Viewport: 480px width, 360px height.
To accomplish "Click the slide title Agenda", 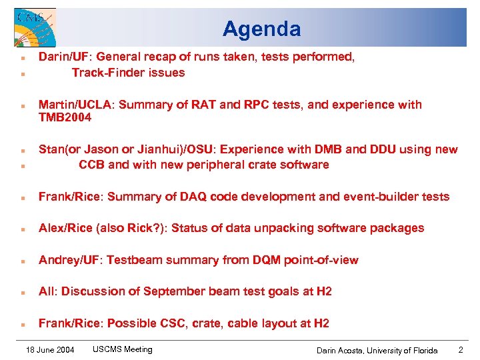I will pyautogui.click(x=261, y=29).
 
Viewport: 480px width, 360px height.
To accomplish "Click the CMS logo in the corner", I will pyautogui.click(x=35, y=27).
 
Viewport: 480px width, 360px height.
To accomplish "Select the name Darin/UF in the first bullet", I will pyautogui.click(x=61, y=57).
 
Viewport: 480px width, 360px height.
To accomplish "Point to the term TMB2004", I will pyautogui.click(x=65, y=118).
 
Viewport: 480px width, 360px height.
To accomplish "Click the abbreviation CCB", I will pyautogui.click(x=92, y=165).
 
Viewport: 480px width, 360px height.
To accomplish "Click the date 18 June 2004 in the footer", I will pyautogui.click(x=49, y=349).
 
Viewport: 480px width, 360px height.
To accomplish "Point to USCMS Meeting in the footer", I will pyautogui.click(x=123, y=349).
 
